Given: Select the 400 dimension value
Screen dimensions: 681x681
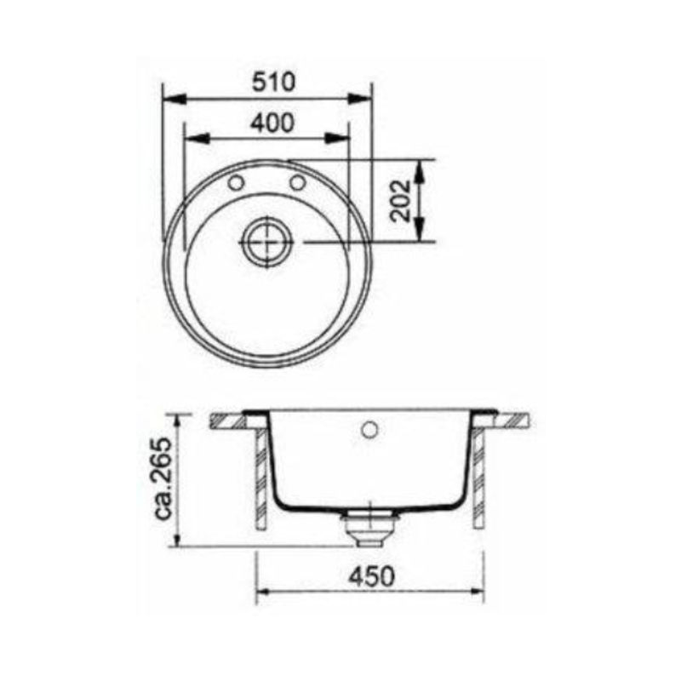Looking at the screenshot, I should click(x=272, y=122).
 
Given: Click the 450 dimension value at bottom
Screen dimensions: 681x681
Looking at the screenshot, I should click(x=371, y=575).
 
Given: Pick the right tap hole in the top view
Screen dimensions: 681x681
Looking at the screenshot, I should click(x=297, y=183).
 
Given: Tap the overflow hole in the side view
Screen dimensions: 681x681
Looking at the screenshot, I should click(x=370, y=428).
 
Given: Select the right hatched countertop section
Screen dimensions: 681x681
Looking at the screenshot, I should click(x=512, y=419).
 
